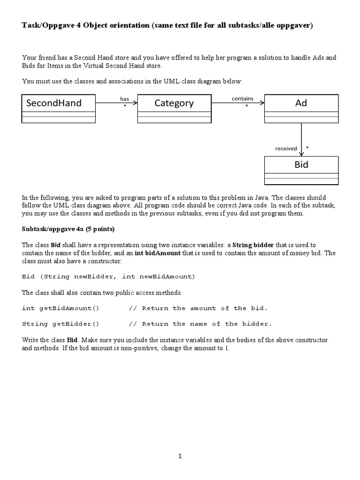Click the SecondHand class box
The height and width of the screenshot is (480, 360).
(x=59, y=108)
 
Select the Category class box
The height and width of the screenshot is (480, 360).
(x=174, y=108)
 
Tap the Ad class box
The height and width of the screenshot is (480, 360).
(x=301, y=108)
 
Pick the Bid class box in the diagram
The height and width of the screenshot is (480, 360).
(x=301, y=170)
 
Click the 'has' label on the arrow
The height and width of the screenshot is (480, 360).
(x=124, y=98)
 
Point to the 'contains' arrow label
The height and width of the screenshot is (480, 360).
(x=242, y=98)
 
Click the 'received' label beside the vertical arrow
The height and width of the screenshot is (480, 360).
(x=286, y=149)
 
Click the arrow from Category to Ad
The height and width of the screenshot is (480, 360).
(x=238, y=103)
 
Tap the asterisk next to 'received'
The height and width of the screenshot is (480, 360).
(x=307, y=148)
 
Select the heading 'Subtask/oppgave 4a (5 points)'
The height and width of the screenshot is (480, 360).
(x=68, y=229)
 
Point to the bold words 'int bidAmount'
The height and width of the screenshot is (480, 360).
(x=157, y=253)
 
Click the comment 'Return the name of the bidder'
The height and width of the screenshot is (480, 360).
(x=206, y=324)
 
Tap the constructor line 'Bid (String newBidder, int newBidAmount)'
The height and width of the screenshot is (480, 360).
(x=108, y=277)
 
